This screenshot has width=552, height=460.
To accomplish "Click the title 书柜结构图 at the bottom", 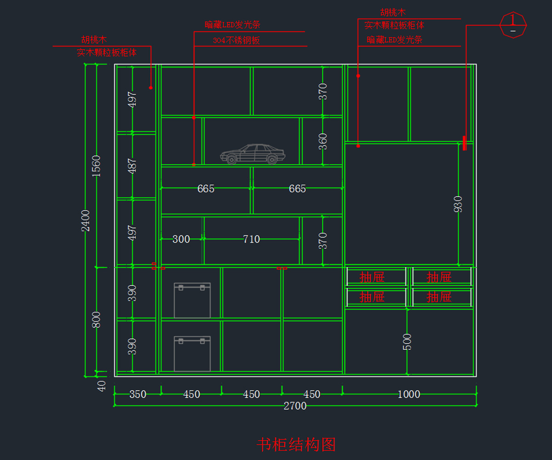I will (x=296, y=445).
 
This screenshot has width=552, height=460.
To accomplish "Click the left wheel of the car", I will (x=231, y=160).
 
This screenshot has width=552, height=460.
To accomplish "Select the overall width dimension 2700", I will (x=295, y=406).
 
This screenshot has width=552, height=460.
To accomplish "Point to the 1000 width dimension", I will (x=409, y=394).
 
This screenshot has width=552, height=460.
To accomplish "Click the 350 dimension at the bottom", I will (x=138, y=394).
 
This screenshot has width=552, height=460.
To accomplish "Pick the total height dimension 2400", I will (x=86, y=220).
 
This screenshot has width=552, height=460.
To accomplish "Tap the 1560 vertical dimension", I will (x=96, y=166).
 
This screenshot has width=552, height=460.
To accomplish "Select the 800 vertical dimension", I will (x=96, y=320).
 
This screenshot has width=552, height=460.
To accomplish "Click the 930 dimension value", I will (x=458, y=204).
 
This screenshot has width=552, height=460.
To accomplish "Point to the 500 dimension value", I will (x=407, y=342).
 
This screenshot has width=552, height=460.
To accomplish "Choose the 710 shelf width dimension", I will (x=252, y=239).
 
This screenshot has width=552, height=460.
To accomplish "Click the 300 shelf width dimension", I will (x=181, y=239).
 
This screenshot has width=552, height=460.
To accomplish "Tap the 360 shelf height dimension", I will (x=323, y=141).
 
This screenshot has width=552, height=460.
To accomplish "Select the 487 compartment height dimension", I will (x=132, y=166).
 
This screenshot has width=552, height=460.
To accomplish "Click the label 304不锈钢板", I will (x=236, y=40).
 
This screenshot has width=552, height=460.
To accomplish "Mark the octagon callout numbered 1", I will (x=513, y=24).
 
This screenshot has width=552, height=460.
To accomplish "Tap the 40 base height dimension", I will (x=102, y=385).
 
